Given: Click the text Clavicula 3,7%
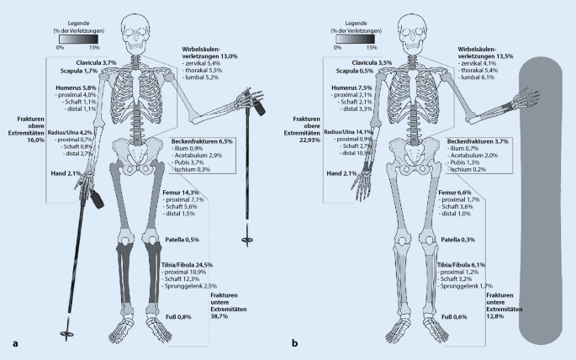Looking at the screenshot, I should pyautogui.click(x=98, y=63).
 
